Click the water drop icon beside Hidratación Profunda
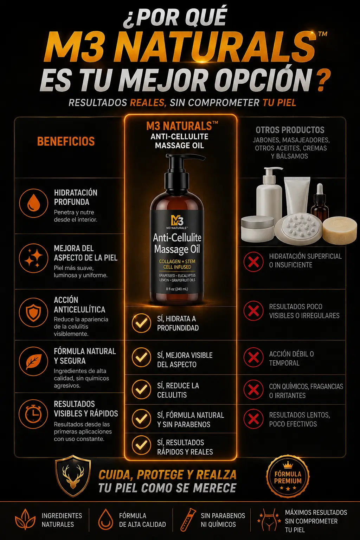(33, 203)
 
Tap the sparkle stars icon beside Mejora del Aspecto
(33, 258)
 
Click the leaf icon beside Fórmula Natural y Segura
(33, 361)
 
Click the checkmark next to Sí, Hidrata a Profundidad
(142, 323)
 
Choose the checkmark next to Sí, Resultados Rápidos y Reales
(142, 445)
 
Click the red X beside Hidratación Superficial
(253, 262)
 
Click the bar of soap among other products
(340, 228)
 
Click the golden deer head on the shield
(72, 475)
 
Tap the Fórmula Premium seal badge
(288, 477)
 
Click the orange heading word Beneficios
(66, 141)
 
